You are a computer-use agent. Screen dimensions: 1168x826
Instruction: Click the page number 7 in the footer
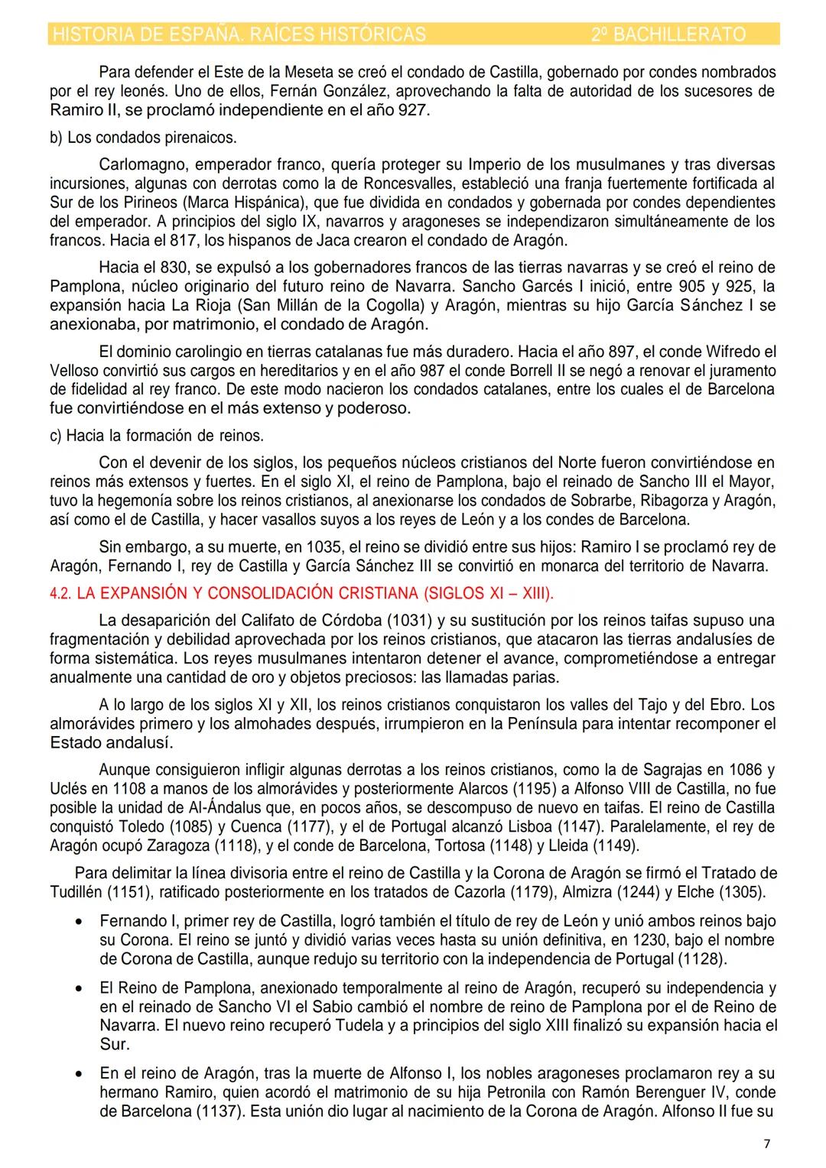coord(767,1144)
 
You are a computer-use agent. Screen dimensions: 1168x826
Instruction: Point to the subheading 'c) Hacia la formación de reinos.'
coord(156,436)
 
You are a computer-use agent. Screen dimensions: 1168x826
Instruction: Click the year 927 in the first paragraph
coord(414,110)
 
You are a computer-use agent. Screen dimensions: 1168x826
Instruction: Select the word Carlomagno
coord(138,164)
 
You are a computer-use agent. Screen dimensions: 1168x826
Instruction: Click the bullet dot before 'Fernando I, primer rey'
coord(79,922)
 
